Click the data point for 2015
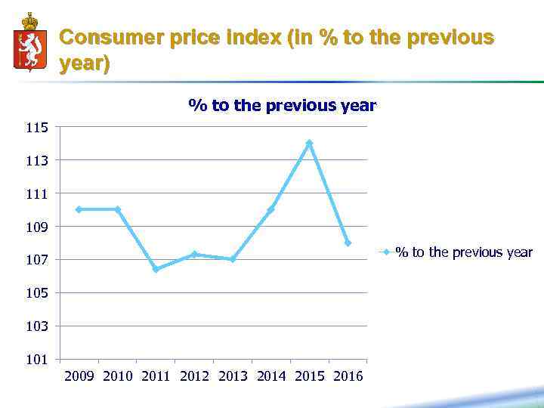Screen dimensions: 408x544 point(309,143)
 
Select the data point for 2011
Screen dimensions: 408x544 point(156,269)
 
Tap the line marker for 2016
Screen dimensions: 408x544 point(348,243)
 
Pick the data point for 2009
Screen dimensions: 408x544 point(79,209)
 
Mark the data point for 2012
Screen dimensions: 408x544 point(194,254)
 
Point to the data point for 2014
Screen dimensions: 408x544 point(270,209)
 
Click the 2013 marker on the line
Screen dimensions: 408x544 point(233,259)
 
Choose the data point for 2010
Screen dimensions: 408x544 point(117,209)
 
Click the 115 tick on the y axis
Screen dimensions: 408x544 point(36,128)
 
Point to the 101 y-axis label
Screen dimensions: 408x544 point(36,359)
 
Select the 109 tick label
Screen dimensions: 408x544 point(36,227)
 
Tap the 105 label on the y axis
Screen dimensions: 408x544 point(36,293)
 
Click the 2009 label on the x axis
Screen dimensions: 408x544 point(79,376)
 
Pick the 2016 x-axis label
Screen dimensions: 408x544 point(348,376)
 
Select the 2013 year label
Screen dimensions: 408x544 point(233,376)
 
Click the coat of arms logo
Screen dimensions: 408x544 point(29,42)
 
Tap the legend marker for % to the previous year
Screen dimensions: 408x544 point(385,252)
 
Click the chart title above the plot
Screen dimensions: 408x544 point(282,106)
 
